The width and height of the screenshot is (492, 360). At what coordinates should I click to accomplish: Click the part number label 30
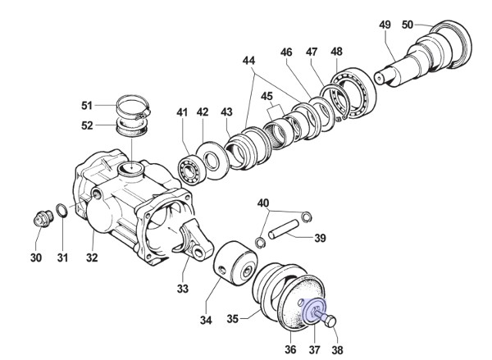36,257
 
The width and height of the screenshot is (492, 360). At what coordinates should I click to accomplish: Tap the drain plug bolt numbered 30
43,218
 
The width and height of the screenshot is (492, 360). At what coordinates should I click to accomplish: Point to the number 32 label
92,257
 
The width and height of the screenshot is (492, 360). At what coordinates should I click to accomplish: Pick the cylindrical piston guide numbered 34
235,263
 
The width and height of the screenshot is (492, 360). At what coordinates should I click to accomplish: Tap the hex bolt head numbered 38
330,321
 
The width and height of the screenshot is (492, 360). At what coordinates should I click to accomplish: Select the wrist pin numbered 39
284,230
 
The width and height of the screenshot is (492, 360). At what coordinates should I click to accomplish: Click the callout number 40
263,203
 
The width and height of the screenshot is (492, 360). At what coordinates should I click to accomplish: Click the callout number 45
266,96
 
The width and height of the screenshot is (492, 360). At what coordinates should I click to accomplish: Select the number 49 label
385,25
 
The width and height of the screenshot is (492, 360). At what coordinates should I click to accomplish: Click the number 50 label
408,25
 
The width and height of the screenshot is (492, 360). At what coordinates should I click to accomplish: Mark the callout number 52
87,125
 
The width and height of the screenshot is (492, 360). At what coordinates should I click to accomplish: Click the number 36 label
290,349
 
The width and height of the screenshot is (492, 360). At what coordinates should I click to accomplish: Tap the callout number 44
248,60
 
